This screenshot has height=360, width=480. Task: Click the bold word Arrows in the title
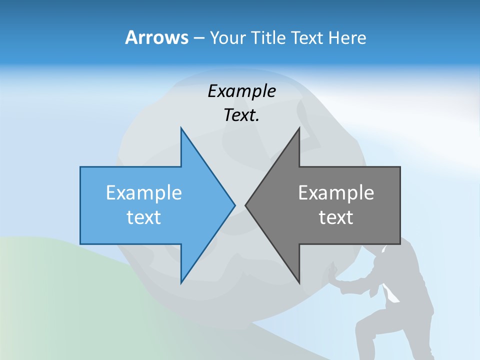point(156,37)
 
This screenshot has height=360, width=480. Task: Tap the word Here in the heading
point(347,37)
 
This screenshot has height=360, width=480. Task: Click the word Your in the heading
point(228,37)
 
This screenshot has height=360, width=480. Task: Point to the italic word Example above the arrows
point(241,91)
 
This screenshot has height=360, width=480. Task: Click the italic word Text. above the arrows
point(241,115)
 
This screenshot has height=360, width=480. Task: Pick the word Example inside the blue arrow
point(144,192)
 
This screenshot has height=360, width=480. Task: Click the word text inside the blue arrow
point(144,217)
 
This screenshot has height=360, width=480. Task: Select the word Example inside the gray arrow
point(336,192)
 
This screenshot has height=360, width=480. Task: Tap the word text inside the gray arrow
point(336,217)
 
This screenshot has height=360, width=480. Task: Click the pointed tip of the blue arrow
point(235,205)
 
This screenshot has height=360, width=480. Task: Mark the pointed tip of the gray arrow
point(245,205)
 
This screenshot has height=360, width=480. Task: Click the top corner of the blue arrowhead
point(181,128)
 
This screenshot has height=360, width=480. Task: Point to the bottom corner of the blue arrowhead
point(181,283)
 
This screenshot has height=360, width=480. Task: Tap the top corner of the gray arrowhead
point(299,128)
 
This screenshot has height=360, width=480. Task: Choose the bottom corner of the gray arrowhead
point(299,283)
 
